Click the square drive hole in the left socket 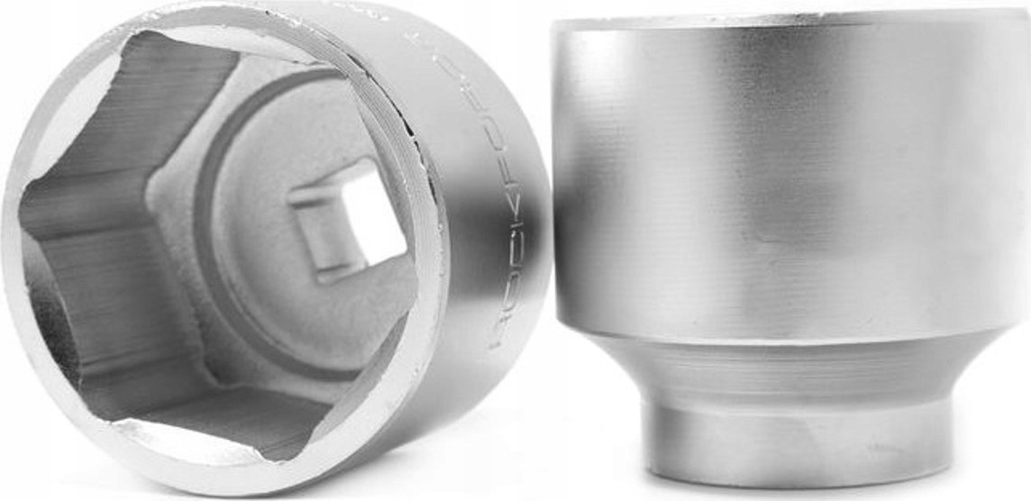(x=347, y=216)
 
